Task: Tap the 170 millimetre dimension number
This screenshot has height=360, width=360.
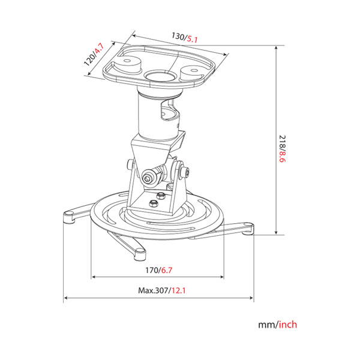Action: click(154, 270)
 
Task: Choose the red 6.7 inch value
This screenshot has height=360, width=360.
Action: click(169, 270)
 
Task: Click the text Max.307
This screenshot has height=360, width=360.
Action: click(152, 290)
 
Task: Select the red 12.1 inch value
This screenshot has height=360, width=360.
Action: click(178, 290)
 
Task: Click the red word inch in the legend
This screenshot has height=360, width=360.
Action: click(287, 325)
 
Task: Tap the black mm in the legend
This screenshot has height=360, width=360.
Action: click(266, 325)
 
